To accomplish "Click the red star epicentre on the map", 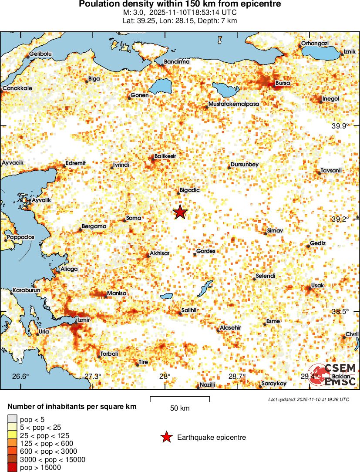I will [180, 212].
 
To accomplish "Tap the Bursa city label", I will [283, 83].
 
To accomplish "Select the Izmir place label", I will [83, 320].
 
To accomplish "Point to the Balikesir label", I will [165, 156].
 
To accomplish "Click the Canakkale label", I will [17, 88].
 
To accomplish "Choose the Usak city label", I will [317, 285].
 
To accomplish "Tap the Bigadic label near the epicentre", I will [189, 190].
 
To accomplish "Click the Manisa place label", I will [116, 293].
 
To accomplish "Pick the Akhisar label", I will [159, 253].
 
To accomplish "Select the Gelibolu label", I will [40, 54].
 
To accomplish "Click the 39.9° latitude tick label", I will [340, 126].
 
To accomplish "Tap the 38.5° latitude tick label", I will [340, 311].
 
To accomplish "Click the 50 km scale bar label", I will [180, 408].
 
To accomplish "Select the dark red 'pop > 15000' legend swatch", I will [12, 468].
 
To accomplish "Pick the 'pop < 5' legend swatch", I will [12, 419].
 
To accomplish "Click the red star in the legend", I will [166, 437].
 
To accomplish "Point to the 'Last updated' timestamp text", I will [308, 399].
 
